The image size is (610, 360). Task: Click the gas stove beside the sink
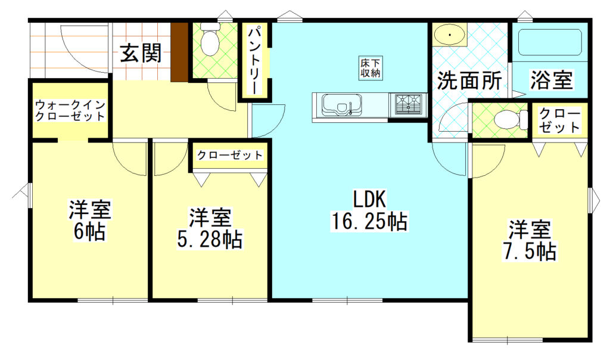pyautogui.click(x=408, y=105)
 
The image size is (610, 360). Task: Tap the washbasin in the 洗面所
pyautogui.click(x=450, y=36)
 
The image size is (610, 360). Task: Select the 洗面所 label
pyautogui.click(x=469, y=80)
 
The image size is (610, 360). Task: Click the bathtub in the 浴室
pyautogui.click(x=550, y=43)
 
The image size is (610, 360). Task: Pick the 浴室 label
pyautogui.click(x=551, y=80)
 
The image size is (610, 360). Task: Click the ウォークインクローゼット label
pyautogui.click(x=70, y=111)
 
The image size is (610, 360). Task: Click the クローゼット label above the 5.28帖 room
pyautogui.click(x=230, y=156)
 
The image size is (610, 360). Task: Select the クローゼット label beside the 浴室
pyautogui.click(x=560, y=120)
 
